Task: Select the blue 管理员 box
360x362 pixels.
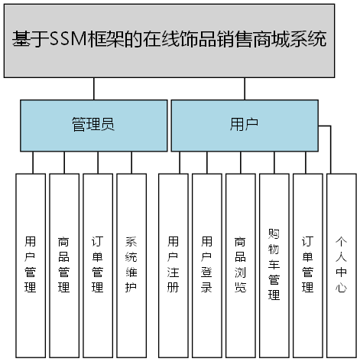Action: (93, 125)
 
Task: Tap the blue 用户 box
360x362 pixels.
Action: (243, 125)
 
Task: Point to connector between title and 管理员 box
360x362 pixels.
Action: (94, 88)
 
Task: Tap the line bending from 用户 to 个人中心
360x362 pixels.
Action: (330, 145)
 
